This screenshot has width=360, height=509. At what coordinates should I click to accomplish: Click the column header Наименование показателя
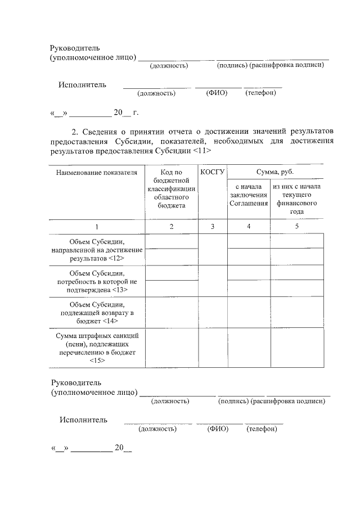tap(96, 172)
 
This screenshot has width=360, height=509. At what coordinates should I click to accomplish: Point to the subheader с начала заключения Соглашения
tap(248, 195)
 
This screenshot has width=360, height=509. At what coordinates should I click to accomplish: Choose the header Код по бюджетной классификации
tap(172, 188)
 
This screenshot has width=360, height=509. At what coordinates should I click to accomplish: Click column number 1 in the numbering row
tap(96, 227)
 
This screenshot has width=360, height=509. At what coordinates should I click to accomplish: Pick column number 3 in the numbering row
tap(212, 227)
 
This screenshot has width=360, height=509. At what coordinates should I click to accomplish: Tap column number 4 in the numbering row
tap(248, 227)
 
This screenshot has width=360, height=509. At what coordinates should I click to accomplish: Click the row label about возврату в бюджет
tap(96, 313)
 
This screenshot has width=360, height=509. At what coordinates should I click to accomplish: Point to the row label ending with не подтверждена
tap(96, 281)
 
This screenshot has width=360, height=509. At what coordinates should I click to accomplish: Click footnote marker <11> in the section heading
tap(202, 152)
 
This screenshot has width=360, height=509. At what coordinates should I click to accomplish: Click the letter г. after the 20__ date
tap(136, 112)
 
